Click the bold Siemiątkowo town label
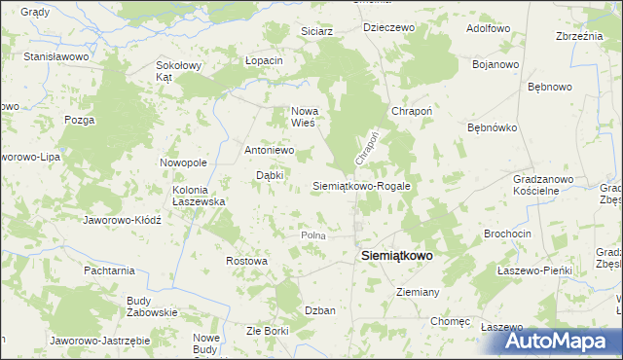[397, 255]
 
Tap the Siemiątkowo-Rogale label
[361, 185]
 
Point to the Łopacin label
[264, 60]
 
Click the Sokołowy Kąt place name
[178, 71]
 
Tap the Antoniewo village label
[269, 151]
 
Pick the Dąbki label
[270, 175]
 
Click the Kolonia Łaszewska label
[199, 196]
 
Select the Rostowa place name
[246, 261]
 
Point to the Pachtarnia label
[108, 270]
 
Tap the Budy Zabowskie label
[152, 306]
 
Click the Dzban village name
[320, 310]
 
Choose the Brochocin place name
[507, 235]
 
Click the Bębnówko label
[493, 127]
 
